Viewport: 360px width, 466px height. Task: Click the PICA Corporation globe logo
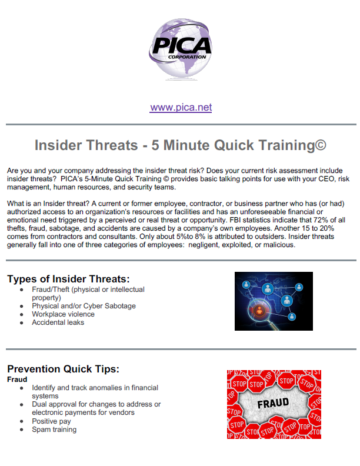[x=181, y=49]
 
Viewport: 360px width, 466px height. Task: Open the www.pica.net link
[x=181, y=107]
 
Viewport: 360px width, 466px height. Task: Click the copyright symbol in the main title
[x=321, y=145]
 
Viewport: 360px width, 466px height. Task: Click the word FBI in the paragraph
[x=235, y=220]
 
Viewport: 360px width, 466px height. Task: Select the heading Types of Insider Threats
[x=69, y=279]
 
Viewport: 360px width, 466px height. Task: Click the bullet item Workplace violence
[x=64, y=314]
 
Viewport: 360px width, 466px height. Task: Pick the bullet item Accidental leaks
[x=58, y=322]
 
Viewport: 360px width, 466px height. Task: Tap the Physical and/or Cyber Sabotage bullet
[x=84, y=306]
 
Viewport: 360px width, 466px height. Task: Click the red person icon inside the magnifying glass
[x=259, y=311]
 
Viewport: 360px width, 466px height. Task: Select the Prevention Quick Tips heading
[x=64, y=369]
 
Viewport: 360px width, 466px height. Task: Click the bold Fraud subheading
[x=17, y=380]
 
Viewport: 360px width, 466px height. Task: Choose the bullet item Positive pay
[x=51, y=421]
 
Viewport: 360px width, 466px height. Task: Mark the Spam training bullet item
[x=54, y=430]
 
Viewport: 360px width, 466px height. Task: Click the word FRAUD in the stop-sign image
[x=273, y=403]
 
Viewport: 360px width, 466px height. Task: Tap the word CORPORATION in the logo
[x=187, y=57]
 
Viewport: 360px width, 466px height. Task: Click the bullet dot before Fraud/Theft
[x=21, y=289]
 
